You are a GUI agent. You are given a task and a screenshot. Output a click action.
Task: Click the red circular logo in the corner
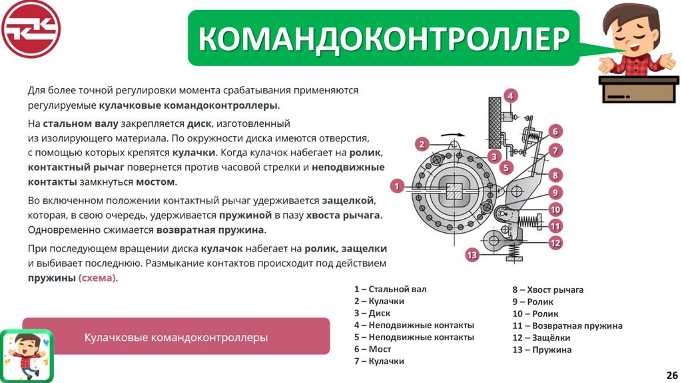click(x=31, y=29)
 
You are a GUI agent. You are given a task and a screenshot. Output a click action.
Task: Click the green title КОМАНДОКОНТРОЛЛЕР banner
click(x=383, y=38)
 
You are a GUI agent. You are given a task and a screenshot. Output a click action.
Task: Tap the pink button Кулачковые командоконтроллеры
click(x=176, y=336)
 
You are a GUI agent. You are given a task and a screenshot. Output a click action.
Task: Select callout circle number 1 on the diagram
click(x=398, y=186)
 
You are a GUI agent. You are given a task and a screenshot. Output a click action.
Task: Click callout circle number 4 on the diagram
click(x=511, y=95)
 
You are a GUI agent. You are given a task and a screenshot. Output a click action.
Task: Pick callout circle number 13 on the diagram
click(x=472, y=254)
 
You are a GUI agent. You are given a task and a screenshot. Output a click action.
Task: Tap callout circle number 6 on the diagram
click(x=555, y=131)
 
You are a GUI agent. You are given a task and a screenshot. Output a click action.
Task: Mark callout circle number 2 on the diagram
click(x=422, y=144)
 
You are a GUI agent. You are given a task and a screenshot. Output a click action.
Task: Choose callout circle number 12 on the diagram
click(x=555, y=243)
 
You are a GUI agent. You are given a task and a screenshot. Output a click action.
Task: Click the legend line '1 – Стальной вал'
click(x=390, y=289)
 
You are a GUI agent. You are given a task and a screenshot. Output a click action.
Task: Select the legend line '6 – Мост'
click(x=372, y=349)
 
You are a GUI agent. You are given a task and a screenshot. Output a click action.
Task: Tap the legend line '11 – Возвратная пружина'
click(x=567, y=326)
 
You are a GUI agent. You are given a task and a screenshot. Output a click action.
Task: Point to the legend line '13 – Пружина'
click(x=541, y=350)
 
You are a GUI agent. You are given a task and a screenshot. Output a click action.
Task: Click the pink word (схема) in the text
click(x=97, y=278)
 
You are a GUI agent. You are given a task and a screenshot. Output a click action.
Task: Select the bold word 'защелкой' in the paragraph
click(x=348, y=200)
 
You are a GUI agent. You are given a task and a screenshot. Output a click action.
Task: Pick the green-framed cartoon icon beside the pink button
click(x=26, y=354)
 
